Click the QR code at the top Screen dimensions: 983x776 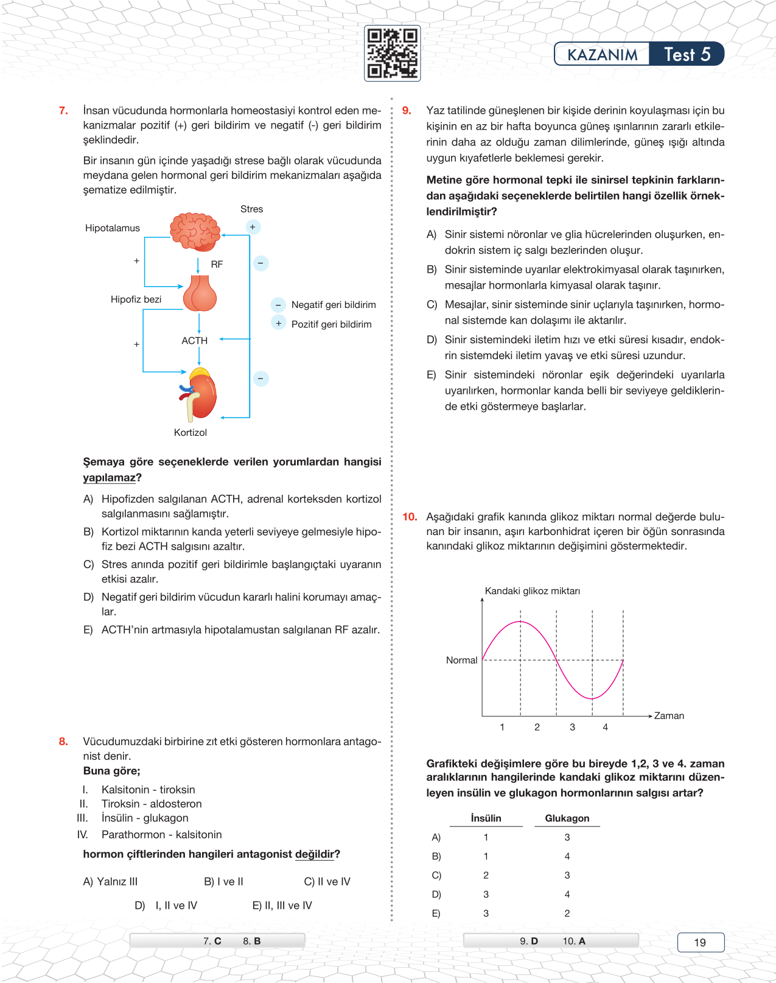pos(392,54)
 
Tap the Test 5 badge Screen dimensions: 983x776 pos(687,54)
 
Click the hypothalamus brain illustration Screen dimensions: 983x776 pos(195,231)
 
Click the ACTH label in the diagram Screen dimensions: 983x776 pos(195,341)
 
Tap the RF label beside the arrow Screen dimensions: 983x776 pos(217,264)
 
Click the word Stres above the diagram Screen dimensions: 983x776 pos(251,209)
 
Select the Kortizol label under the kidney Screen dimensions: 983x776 pos(191,432)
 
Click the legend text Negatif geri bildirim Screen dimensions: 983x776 pos(334,305)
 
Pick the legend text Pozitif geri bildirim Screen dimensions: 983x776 pos(331,324)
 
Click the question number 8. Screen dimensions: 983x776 pos(63,741)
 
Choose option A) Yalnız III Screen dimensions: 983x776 pos(110,881)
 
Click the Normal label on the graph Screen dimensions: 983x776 pos(461,660)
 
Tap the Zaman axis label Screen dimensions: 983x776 pos(669,716)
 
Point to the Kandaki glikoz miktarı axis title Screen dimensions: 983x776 pos(532,591)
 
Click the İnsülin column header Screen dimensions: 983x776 pos(486,818)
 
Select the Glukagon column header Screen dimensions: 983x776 pos(567,818)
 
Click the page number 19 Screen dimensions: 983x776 pos(700,942)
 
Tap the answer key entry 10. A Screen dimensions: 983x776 pos(573,941)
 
